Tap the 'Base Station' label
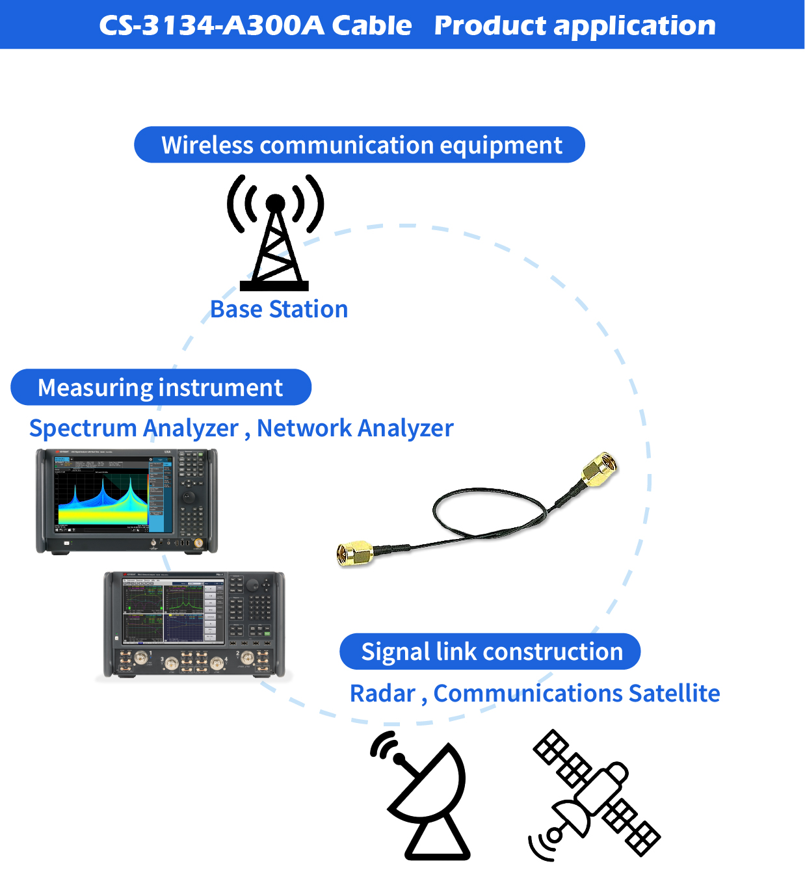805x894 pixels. tap(279, 309)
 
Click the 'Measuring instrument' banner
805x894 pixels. tap(161, 388)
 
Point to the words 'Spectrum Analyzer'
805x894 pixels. tap(134, 428)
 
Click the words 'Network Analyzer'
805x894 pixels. tap(355, 428)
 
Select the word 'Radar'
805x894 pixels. tap(382, 694)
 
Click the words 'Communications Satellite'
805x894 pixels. tap(577, 694)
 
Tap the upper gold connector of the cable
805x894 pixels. tap(599, 469)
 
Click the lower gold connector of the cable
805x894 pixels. tap(354, 553)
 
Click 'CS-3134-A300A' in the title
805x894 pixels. tap(211, 26)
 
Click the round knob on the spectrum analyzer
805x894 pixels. tap(189, 496)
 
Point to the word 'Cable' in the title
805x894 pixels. tap(371, 26)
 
